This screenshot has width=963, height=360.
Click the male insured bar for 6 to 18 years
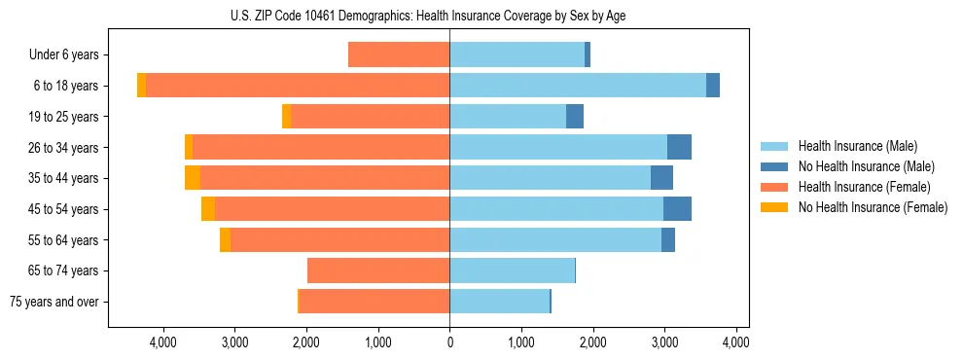(x=578, y=86)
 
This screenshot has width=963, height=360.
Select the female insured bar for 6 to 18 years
(x=298, y=86)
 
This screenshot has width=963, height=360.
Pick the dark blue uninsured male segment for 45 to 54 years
(x=677, y=209)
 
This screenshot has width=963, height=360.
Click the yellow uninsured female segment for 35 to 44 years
(x=193, y=178)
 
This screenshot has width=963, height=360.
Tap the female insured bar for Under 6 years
(x=399, y=55)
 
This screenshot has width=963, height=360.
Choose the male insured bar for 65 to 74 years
(x=512, y=270)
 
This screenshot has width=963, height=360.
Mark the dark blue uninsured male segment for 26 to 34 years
(x=679, y=148)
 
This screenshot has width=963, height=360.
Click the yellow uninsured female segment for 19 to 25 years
(x=286, y=117)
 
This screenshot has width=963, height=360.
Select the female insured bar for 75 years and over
(x=374, y=302)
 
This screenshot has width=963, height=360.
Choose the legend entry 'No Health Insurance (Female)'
(x=873, y=207)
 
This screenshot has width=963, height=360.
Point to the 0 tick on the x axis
(x=449, y=342)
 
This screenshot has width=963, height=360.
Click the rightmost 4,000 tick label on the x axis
(x=735, y=342)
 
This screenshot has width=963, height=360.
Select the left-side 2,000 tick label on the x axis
(x=305, y=342)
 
